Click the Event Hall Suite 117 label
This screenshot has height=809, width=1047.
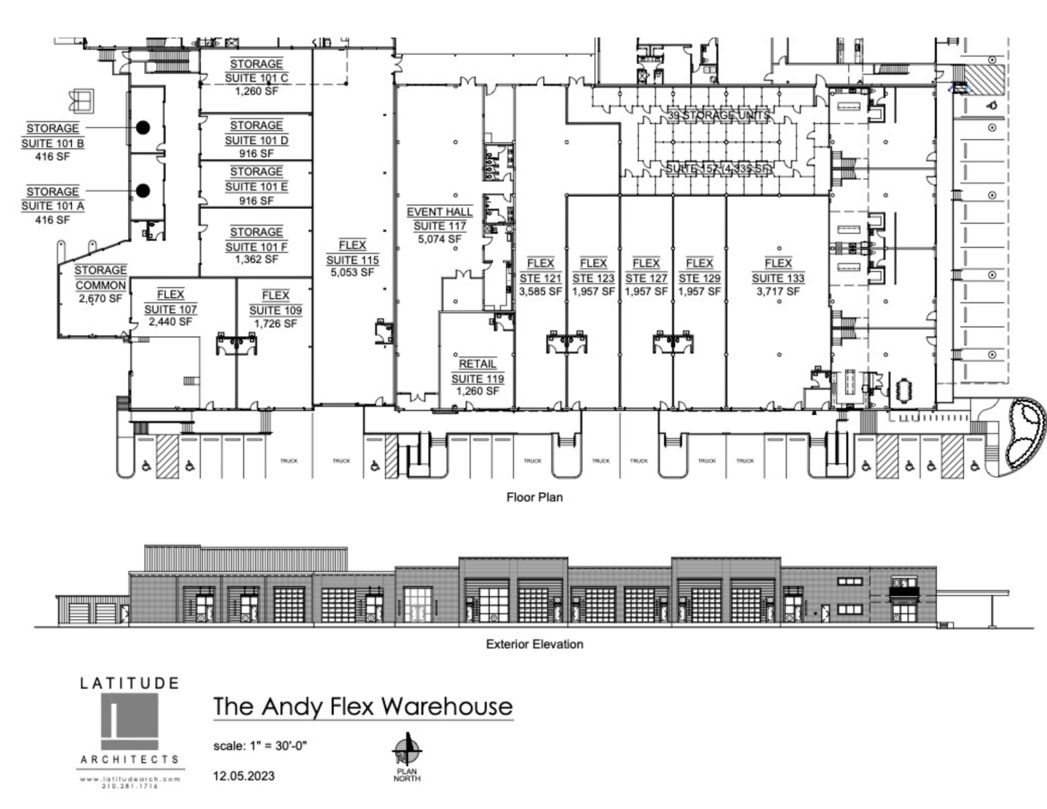point(440,225)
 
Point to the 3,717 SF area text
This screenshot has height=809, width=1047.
point(778,291)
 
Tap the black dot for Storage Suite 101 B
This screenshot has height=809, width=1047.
point(143,127)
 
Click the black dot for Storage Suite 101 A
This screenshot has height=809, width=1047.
point(143,191)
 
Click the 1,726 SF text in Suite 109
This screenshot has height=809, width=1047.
point(275,323)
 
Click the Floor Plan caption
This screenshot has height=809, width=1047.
point(534,497)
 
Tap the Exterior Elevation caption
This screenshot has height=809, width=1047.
point(534,644)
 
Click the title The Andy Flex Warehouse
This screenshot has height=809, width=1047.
point(363,707)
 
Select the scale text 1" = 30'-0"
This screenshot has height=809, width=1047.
point(260,746)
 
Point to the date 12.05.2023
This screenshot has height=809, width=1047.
point(243,776)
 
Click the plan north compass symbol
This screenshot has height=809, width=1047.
point(406,749)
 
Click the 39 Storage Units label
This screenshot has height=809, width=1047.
point(719,116)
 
